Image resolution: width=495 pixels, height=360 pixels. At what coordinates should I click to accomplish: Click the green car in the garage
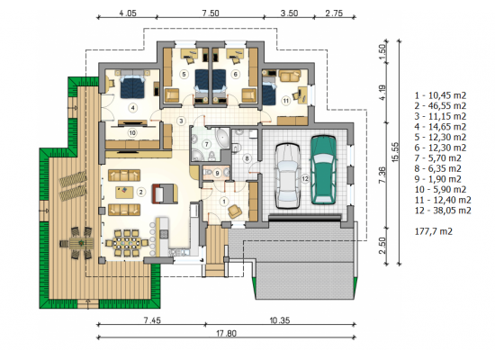[x=323, y=170]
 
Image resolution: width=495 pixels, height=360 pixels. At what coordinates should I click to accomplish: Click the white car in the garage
[x=288, y=175]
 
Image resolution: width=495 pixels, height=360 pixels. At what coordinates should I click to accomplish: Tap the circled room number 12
[x=305, y=179]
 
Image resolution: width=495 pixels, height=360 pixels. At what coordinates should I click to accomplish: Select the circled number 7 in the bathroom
[x=207, y=145]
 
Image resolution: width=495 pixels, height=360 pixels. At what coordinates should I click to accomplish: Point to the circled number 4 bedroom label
[x=133, y=108]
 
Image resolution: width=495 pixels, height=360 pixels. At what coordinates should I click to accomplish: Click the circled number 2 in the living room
[x=140, y=192]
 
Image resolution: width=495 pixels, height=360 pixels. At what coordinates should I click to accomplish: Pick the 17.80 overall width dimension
[x=226, y=333]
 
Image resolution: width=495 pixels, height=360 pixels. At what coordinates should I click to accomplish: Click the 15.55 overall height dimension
[x=395, y=152]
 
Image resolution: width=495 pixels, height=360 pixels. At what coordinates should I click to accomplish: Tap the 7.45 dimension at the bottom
[x=152, y=320]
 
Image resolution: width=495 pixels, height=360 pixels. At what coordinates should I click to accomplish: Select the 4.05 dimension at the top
[x=128, y=13]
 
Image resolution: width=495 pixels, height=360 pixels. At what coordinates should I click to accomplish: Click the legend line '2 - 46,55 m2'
[x=440, y=106]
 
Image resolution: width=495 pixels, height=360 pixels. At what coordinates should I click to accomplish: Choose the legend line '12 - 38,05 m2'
[x=443, y=211]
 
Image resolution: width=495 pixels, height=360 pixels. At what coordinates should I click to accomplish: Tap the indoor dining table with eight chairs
[x=127, y=243]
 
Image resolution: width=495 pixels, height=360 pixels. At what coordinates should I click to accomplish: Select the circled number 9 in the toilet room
[x=217, y=174]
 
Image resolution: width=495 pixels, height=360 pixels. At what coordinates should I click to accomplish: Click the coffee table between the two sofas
[x=124, y=193]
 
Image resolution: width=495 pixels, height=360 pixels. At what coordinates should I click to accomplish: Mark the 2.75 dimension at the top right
[x=334, y=13]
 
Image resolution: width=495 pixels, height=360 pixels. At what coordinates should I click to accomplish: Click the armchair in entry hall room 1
[x=235, y=211]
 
